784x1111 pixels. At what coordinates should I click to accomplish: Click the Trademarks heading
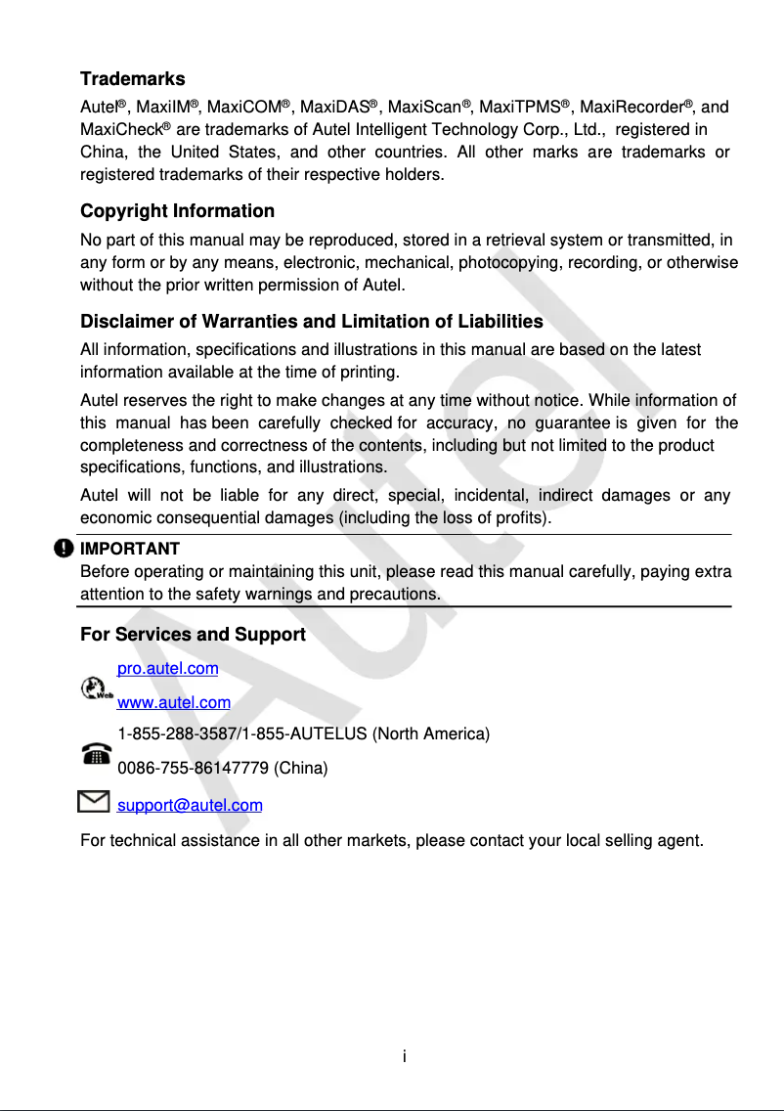[132, 79]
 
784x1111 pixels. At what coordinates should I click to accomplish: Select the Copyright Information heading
[177, 211]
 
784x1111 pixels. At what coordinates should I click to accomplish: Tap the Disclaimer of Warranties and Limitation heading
[311, 322]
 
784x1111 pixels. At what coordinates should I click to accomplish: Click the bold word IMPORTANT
[129, 549]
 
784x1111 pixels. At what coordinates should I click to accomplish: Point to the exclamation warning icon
[65, 549]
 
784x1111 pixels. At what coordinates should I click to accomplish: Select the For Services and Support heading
[193, 635]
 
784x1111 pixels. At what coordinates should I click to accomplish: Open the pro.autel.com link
[167, 669]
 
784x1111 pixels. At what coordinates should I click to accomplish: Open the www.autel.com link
[174, 702]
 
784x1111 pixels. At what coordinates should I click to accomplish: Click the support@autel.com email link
[190, 806]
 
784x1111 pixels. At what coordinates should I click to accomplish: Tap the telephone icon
[96, 753]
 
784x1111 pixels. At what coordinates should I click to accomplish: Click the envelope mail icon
[93, 803]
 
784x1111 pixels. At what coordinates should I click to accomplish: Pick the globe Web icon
[95, 689]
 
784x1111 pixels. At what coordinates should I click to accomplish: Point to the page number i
[405, 1056]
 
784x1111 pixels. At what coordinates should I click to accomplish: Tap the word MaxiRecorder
[631, 107]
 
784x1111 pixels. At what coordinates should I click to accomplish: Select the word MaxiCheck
[121, 130]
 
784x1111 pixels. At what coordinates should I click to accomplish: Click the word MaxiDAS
[335, 107]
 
